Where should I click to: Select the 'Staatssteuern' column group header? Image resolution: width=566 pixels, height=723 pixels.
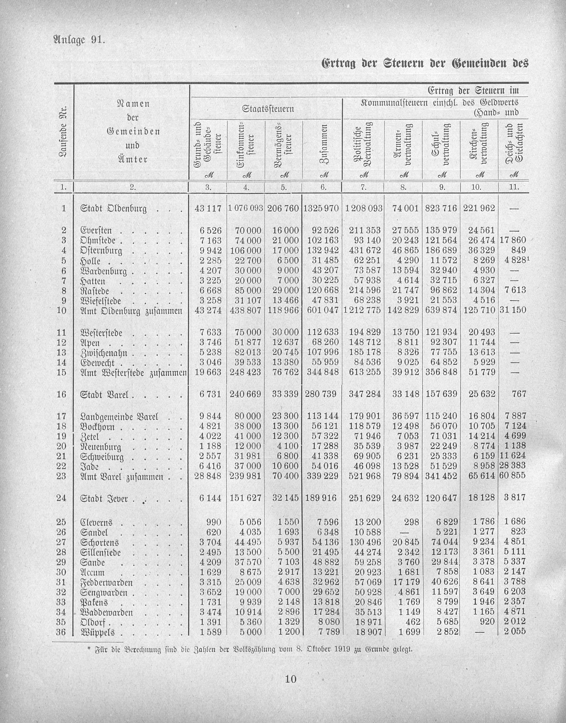(268, 109)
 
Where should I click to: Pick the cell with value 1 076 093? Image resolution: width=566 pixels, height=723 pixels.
(246, 208)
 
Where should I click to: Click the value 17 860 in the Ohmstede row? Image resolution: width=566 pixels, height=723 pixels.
(513, 240)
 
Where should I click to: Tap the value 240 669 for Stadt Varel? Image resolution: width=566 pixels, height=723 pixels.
(246, 394)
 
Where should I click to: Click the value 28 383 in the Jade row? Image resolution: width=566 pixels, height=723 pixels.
(512, 466)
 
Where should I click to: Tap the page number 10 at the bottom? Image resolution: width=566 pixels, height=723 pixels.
(290, 679)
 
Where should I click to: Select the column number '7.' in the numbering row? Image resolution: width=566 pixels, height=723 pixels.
(363, 187)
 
